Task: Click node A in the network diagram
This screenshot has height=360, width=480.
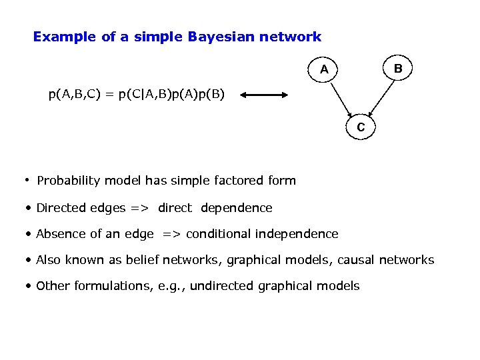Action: tap(324, 69)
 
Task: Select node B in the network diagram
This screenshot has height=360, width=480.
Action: tap(397, 68)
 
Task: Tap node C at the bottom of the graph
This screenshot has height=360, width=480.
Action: tap(361, 126)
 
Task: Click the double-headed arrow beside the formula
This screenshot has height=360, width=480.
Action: tap(264, 95)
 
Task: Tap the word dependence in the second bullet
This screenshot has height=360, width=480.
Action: tap(236, 208)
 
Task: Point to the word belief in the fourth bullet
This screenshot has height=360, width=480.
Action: tap(147, 260)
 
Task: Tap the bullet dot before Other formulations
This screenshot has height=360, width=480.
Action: tap(29, 287)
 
